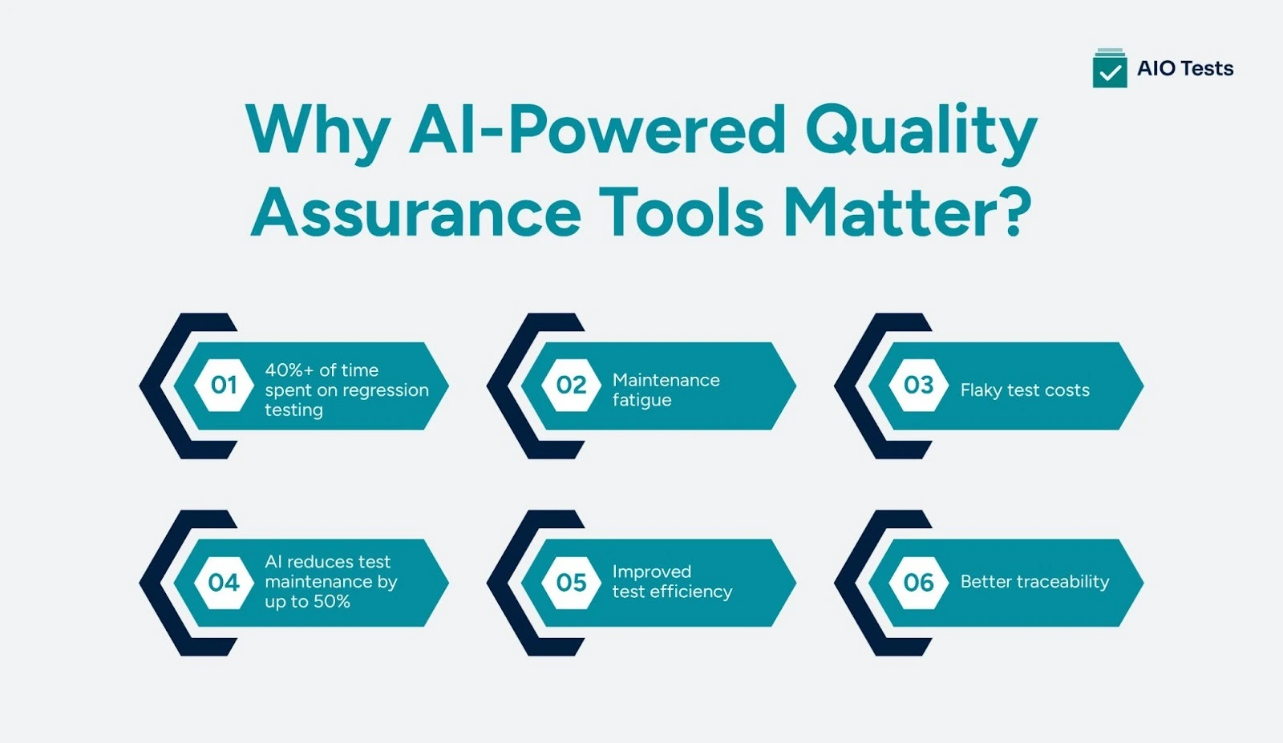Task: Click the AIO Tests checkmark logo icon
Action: click(1110, 69)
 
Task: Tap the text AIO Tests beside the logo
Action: click(1185, 69)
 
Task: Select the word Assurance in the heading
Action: click(416, 212)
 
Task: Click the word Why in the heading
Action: click(318, 131)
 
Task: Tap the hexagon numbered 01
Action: click(224, 386)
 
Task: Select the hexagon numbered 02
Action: click(572, 386)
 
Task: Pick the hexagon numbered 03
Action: click(919, 386)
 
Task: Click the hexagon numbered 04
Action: click(224, 583)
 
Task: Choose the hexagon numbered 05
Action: click(572, 583)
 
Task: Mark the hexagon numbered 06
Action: click(919, 583)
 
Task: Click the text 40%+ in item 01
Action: click(289, 370)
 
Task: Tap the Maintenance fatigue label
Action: click(666, 390)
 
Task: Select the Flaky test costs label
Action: click(1025, 390)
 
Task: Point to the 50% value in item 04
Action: click(331, 602)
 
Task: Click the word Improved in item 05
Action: click(651, 571)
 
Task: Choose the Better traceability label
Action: click(1034, 582)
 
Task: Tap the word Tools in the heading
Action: click(681, 212)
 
